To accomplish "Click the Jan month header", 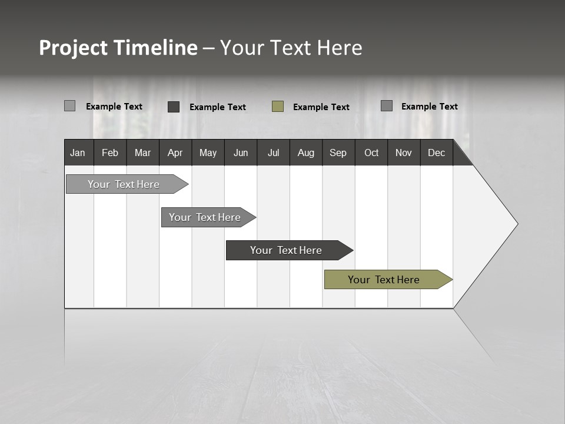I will [x=78, y=153].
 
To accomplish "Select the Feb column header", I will [x=110, y=153].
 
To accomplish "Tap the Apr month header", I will [x=175, y=153].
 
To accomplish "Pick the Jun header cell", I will [x=241, y=153].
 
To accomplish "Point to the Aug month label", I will [x=305, y=153].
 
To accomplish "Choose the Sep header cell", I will [x=338, y=153].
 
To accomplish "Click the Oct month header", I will [x=371, y=153].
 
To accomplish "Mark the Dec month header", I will [x=436, y=153].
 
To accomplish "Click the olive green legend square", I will [x=278, y=106].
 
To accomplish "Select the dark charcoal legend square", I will [x=174, y=107].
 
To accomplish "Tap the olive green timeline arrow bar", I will [x=385, y=280].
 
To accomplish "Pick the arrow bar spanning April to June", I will [x=206, y=217].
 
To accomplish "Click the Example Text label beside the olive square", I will [x=321, y=107].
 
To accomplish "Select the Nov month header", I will [x=403, y=153].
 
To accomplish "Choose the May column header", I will [x=208, y=153].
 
